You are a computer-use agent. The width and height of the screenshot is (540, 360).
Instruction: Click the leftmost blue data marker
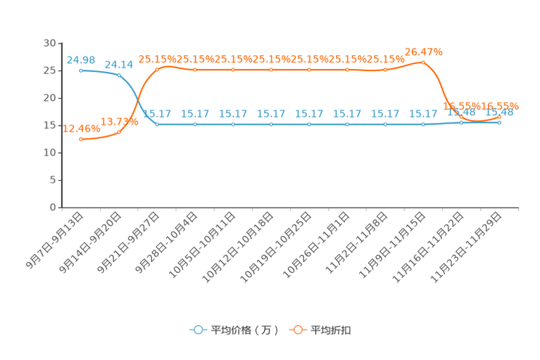81,70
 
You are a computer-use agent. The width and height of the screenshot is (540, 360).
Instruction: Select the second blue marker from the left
119,75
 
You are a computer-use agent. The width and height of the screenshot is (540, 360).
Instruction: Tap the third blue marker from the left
157,124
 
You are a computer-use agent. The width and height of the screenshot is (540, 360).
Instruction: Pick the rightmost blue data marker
500,123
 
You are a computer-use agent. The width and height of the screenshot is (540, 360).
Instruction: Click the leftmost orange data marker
81,139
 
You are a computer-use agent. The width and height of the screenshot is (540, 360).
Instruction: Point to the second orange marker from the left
119,132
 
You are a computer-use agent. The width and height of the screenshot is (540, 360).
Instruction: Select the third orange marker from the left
157,69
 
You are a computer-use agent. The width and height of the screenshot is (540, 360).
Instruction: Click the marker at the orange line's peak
424,62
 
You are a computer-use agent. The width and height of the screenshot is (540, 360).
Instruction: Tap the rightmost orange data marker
500,116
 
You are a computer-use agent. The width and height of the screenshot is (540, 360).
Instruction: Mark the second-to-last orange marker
462,117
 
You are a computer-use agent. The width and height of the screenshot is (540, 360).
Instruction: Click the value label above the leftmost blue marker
81,59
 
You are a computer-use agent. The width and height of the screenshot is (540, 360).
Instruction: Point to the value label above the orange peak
424,51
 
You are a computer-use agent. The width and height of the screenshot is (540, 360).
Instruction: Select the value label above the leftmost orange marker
81,128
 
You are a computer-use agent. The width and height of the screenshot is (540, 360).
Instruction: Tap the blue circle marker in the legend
198,330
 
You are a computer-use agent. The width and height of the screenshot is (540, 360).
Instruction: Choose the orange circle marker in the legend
298,330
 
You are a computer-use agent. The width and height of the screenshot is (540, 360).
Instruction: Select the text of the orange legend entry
332,330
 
